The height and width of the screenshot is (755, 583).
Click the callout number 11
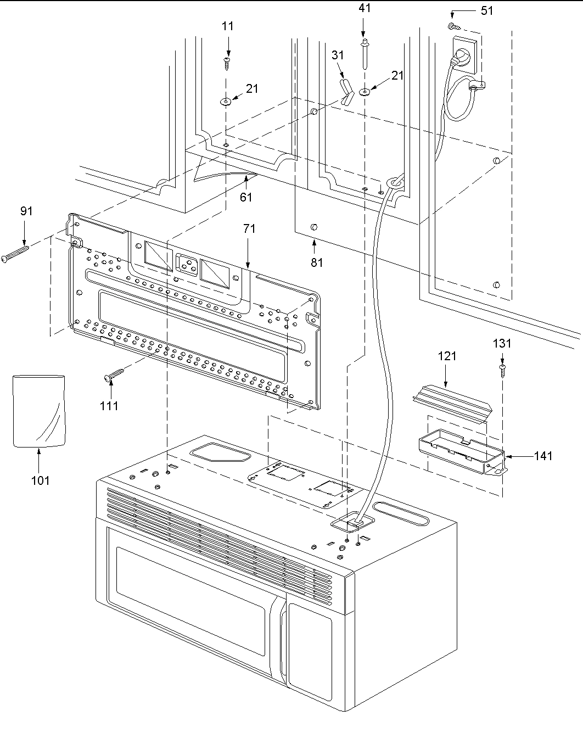pos(228,26)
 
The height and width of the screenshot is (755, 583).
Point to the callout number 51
pos(486,10)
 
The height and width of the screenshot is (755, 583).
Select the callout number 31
pos(338,55)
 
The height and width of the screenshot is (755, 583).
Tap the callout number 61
pos(246,196)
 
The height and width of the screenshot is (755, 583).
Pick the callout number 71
pos(249,229)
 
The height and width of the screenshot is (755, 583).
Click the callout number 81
pos(317,262)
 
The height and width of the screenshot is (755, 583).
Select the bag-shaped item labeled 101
pos(38,410)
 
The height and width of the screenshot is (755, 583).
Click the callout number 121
pos(447,356)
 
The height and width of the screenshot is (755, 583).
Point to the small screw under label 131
pos(502,369)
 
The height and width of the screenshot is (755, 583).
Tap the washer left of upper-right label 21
pos(365,92)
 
